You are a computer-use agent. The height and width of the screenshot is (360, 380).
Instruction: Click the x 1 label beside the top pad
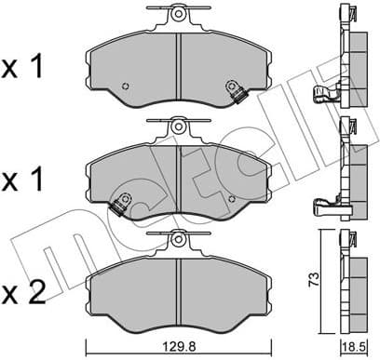(26, 67)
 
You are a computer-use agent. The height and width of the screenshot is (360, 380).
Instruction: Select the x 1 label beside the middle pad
(26, 178)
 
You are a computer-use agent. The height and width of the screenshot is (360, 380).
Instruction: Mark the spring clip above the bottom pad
(177, 240)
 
